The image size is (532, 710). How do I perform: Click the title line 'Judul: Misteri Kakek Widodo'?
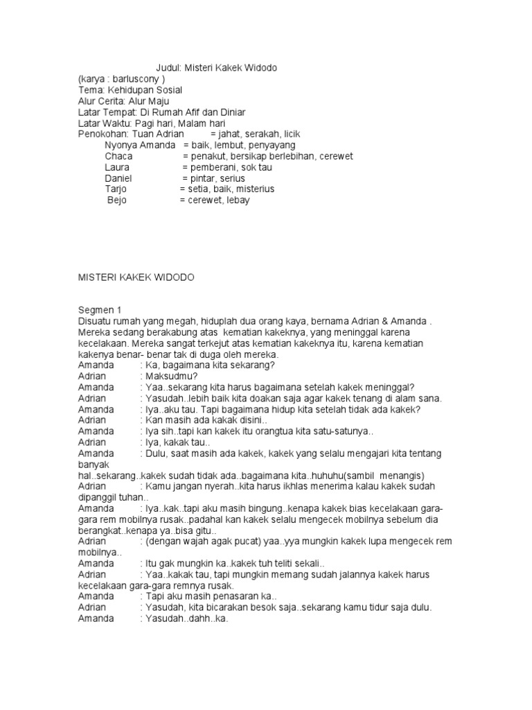[217, 68]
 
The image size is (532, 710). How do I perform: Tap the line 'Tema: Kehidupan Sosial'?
[130, 90]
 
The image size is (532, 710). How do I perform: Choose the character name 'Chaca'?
[118, 156]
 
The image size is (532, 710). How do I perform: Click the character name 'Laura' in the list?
[117, 167]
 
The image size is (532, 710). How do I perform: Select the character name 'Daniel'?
[118, 178]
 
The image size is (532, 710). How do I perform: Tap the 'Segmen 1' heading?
[99, 311]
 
